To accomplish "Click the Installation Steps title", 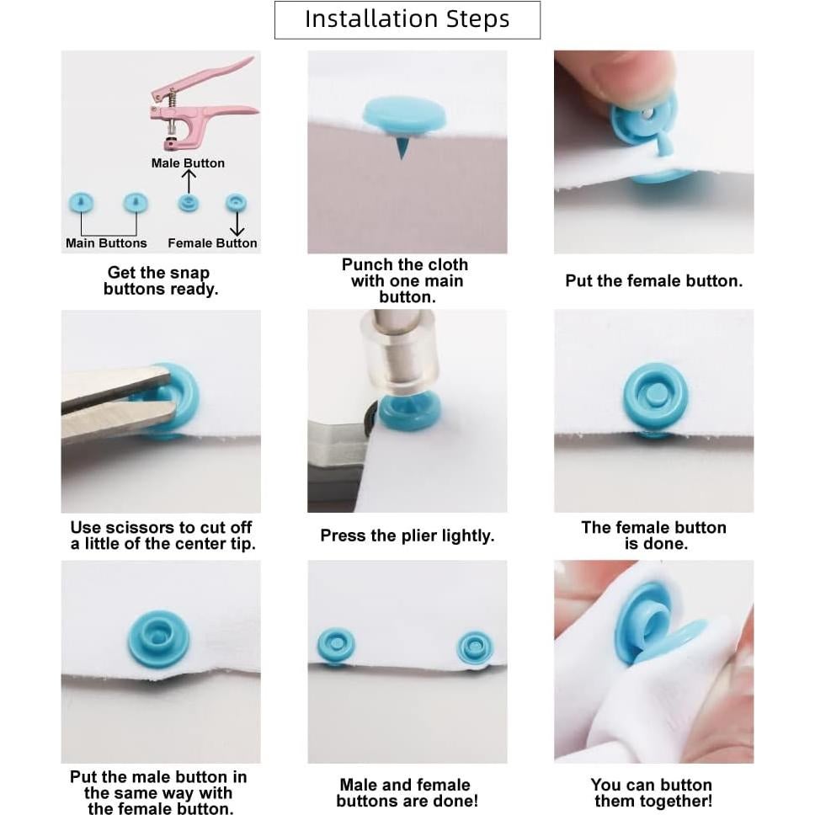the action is tap(407, 19).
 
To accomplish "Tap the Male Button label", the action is tap(188, 163).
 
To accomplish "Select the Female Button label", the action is tap(212, 243).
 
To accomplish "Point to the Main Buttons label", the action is tap(106, 243).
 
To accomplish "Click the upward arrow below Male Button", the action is tap(188, 181).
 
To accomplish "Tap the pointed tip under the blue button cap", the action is tap(401, 147).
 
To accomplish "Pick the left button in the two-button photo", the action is tap(336, 647).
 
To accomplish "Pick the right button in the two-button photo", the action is tap(475, 647).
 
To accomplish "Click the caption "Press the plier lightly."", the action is tap(407, 535).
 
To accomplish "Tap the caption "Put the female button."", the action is tap(654, 281).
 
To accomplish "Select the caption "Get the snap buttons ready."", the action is tap(161, 280).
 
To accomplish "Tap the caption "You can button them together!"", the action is tap(653, 792).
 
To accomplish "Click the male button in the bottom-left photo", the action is tap(158, 639).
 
